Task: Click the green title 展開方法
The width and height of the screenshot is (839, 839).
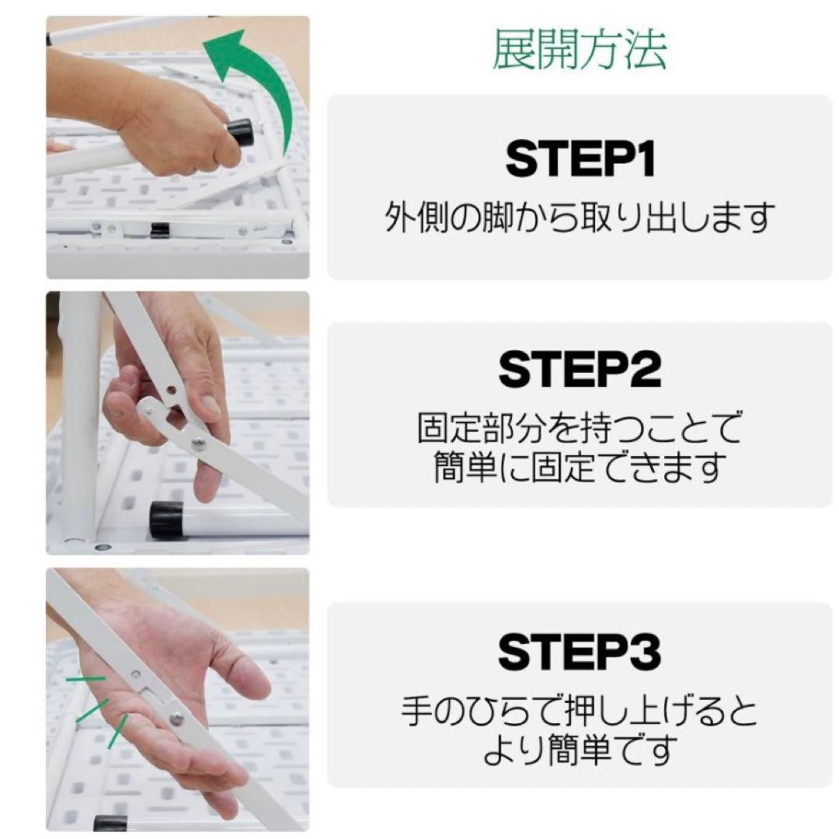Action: (580, 52)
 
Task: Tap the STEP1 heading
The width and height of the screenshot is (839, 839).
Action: (580, 159)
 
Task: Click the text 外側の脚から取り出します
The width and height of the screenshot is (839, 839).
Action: (580, 218)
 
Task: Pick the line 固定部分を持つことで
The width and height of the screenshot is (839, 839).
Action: (580, 428)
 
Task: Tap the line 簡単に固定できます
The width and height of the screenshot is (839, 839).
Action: (580, 467)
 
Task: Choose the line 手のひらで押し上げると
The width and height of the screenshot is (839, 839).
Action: (580, 711)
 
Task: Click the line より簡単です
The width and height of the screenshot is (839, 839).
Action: (580, 750)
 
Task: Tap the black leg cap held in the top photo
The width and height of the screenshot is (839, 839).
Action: (242, 133)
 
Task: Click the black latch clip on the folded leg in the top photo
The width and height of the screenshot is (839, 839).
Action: (160, 229)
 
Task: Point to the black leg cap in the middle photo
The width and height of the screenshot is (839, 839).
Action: (166, 520)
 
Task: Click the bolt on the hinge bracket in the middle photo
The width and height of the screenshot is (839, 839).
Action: (200, 442)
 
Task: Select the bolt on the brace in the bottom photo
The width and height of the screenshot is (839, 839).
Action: (178, 717)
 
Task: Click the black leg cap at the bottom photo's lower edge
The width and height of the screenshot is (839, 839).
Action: (110, 823)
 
